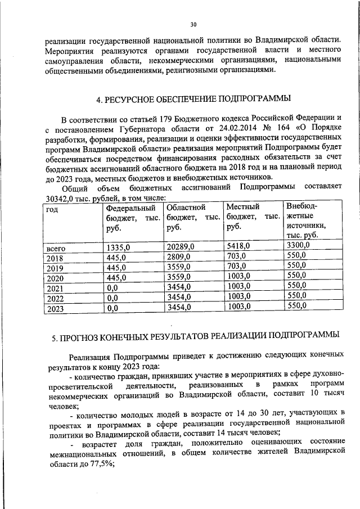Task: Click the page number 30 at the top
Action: pyautogui.click(x=193, y=24)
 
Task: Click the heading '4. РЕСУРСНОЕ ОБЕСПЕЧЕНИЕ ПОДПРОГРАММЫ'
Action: pyautogui.click(x=193, y=100)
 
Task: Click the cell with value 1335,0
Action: pyautogui.click(x=118, y=247)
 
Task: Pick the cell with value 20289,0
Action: pyautogui.click(x=181, y=246)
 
